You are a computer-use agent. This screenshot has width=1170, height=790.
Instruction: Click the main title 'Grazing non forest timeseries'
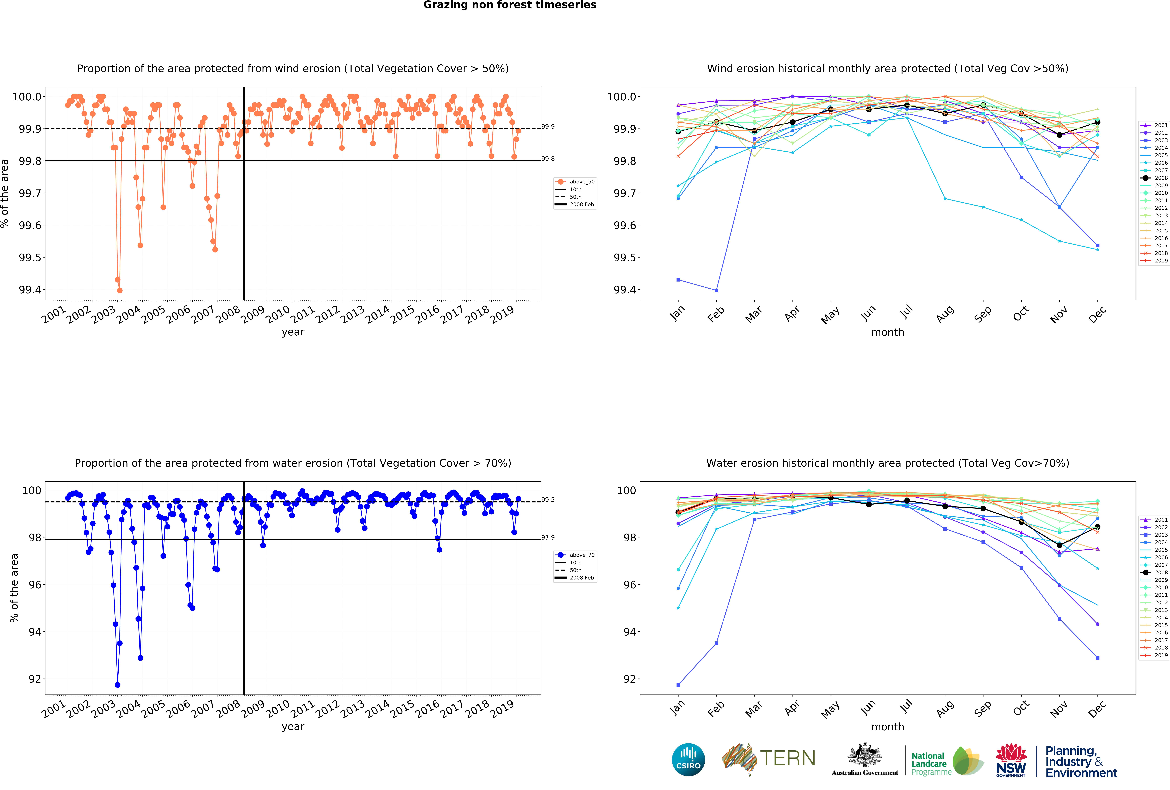(x=509, y=5)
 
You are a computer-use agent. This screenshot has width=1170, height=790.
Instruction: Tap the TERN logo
(x=769, y=758)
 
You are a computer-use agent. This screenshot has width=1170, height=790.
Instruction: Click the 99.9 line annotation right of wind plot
(x=548, y=126)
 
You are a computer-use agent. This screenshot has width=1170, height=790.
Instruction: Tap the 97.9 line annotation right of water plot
(x=548, y=537)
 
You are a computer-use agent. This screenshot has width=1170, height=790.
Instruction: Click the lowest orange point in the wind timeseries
(x=119, y=290)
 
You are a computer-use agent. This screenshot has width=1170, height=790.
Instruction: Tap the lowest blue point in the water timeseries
(x=117, y=685)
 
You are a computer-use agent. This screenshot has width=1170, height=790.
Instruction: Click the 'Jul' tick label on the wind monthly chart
(x=906, y=313)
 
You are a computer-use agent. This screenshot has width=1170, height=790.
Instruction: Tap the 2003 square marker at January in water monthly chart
(x=678, y=685)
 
